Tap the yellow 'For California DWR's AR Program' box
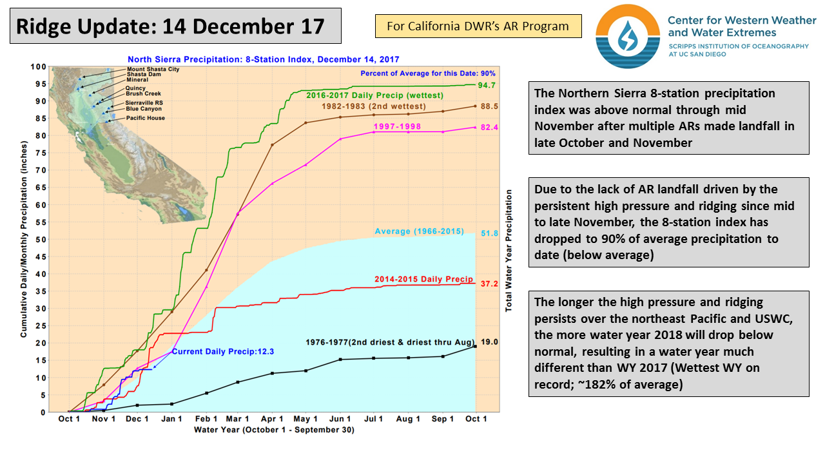tap(478, 26)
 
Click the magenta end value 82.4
tap(488, 128)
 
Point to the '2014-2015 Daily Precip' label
tap(423, 280)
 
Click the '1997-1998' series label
tap(401, 127)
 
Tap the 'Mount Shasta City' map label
tap(153, 69)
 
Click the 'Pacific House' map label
tap(145, 118)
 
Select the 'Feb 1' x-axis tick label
tap(206, 420)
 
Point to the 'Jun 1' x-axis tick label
tap(341, 420)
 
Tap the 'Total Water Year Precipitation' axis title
tap(509, 251)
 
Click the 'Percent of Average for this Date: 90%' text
tap(428, 73)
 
